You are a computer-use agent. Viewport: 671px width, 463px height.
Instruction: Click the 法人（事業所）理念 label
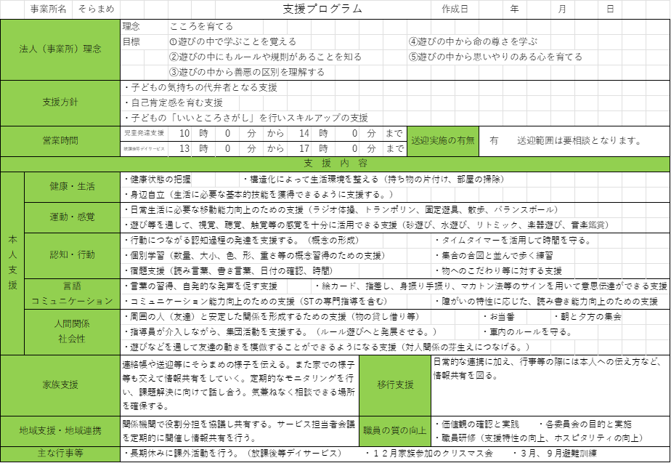tap(60, 49)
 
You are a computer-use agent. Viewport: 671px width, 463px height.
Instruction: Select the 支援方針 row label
tap(60, 102)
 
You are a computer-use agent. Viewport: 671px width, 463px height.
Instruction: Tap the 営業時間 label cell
tap(60, 141)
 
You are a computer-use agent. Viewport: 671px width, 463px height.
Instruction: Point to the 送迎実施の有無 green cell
tap(443, 141)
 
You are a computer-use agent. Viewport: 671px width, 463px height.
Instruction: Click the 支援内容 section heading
tap(335, 164)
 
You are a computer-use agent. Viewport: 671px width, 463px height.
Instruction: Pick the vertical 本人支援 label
tap(12, 262)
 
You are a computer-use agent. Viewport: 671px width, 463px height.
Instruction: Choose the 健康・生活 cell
tap(72, 187)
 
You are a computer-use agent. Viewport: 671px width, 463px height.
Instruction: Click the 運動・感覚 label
tap(72, 217)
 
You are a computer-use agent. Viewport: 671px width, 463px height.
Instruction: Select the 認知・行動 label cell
tap(72, 255)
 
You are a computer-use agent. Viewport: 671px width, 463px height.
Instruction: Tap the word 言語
tap(72, 286)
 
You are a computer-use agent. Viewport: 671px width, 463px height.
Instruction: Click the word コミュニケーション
tap(72, 301)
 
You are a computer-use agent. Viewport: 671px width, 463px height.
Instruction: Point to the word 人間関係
tap(72, 323)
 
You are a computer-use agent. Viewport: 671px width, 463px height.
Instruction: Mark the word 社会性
tap(72, 339)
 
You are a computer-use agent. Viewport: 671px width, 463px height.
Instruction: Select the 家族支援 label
tap(60, 385)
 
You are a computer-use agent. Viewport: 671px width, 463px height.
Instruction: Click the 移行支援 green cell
tap(395, 385)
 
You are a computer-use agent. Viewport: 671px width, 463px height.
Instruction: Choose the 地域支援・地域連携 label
tap(60, 431)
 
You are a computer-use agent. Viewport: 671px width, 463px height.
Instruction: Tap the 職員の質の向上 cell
tap(395, 431)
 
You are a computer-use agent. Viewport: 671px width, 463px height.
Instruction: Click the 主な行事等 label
tap(60, 454)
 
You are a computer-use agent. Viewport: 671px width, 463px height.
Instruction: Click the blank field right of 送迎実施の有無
tap(574, 141)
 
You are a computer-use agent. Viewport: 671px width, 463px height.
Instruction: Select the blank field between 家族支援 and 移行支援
tap(240, 385)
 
